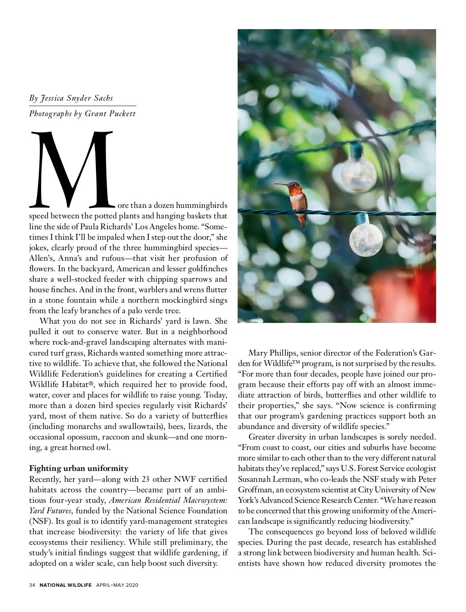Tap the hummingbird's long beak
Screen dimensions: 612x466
(280, 185)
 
